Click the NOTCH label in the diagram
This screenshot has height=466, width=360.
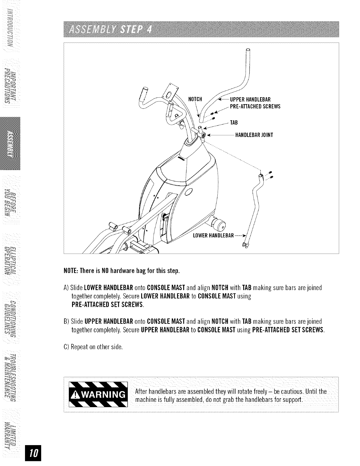(x=195, y=99)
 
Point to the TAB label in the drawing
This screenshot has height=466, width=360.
(x=234, y=122)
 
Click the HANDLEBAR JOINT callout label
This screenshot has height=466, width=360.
(x=253, y=135)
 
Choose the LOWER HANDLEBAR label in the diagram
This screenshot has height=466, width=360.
(x=213, y=236)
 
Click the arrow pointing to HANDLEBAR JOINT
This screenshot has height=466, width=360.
(x=221, y=136)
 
